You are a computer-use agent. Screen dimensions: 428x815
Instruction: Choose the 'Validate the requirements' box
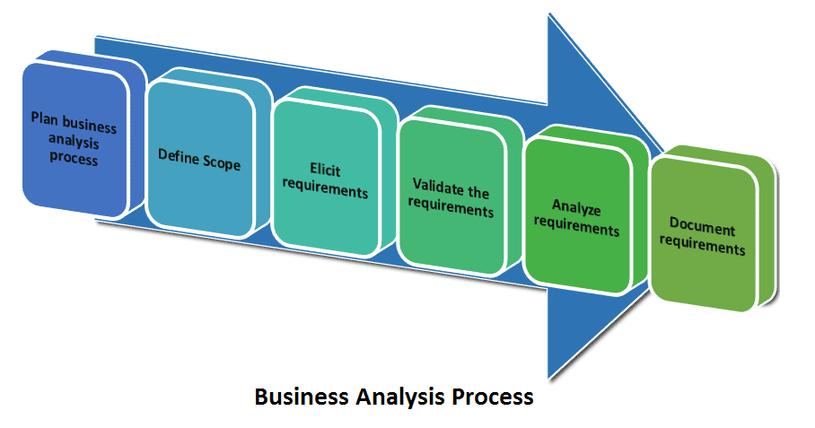coord(451,197)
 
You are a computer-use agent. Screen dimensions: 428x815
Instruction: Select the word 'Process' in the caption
coord(495,397)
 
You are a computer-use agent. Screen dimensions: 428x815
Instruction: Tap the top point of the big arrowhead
coord(549,16)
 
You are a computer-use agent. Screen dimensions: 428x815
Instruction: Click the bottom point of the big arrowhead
coord(549,377)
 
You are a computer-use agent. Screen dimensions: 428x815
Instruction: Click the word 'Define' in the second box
coord(178,154)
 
